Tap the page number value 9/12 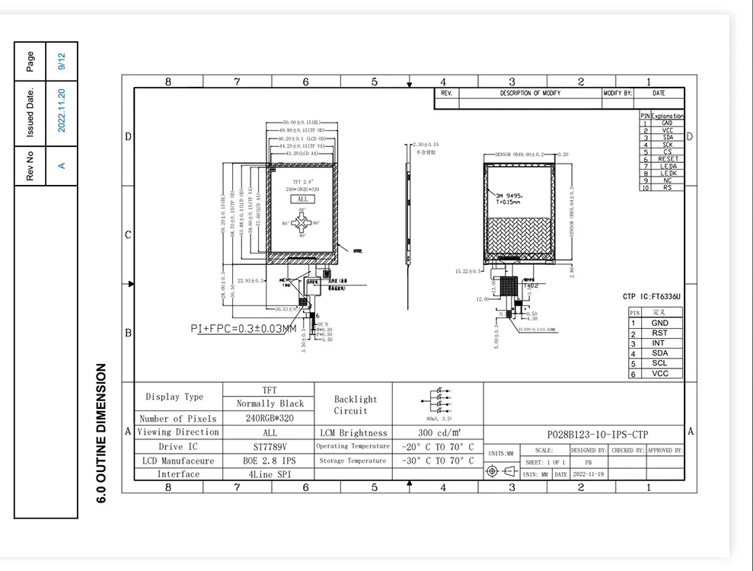62,62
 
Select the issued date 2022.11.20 62,111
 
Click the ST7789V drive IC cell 270,447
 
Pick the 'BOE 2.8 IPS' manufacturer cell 270,461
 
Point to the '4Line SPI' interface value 270,474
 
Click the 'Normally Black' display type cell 270,404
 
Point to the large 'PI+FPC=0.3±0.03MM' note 243,329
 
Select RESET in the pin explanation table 667,159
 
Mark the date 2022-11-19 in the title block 589,474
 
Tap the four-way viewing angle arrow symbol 302,223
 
